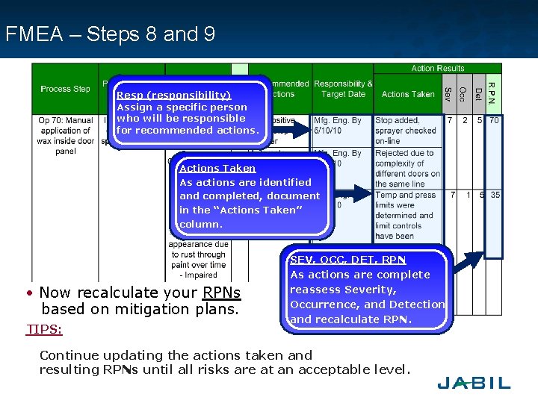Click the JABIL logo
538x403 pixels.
point(474,382)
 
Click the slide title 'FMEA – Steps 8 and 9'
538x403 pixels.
point(110,34)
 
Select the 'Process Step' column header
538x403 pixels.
point(65,89)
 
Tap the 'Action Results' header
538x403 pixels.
point(438,69)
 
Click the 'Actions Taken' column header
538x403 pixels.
point(407,94)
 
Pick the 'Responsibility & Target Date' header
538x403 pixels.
point(343,89)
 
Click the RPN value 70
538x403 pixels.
point(495,120)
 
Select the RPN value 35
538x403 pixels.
point(495,196)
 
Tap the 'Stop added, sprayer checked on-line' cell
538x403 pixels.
point(406,130)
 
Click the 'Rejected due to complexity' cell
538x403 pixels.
point(407,169)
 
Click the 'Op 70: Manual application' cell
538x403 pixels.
point(65,135)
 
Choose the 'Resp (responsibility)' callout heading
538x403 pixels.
point(173,96)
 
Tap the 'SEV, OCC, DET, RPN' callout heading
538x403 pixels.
point(347,260)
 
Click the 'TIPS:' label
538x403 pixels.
point(44,329)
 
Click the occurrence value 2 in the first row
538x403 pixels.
point(465,120)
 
